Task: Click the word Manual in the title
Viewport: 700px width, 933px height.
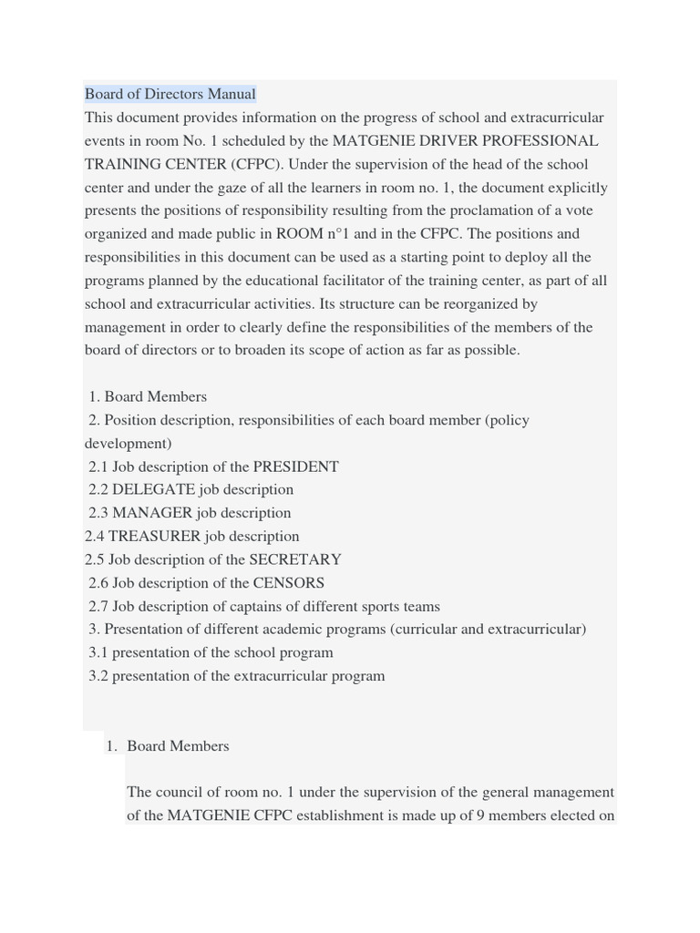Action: coord(232,94)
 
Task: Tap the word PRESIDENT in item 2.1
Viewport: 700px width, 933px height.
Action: coord(295,466)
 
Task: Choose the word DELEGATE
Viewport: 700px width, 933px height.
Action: coord(153,489)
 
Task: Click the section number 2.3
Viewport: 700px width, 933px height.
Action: coord(98,513)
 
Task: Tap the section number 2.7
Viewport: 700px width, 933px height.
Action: coord(98,607)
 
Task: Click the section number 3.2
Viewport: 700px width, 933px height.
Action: coord(98,676)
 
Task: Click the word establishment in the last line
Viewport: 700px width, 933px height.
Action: coord(340,815)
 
